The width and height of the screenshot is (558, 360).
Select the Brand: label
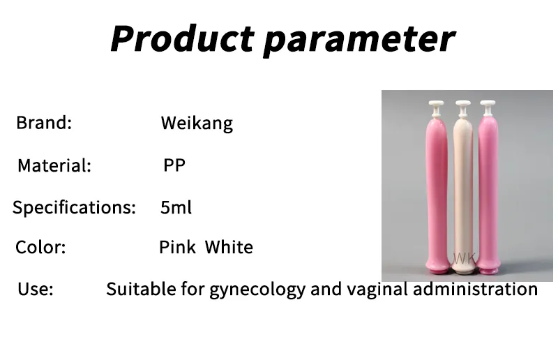click(x=44, y=123)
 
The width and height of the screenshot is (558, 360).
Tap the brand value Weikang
click(x=197, y=124)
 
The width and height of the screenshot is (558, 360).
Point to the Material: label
click(x=54, y=166)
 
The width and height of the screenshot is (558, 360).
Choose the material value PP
click(x=174, y=165)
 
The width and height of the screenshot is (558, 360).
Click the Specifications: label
click(x=74, y=207)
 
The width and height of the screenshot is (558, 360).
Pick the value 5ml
click(x=176, y=207)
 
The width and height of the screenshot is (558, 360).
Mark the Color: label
click(x=40, y=248)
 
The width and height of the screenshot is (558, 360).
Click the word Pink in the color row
click(x=177, y=247)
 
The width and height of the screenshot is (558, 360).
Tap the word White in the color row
click(x=229, y=247)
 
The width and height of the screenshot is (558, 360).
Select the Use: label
click(x=35, y=290)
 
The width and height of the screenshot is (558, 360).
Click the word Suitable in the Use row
click(x=136, y=290)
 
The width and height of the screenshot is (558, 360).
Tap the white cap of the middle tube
click(x=463, y=106)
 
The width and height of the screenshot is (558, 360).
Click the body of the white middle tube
click(x=463, y=188)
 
